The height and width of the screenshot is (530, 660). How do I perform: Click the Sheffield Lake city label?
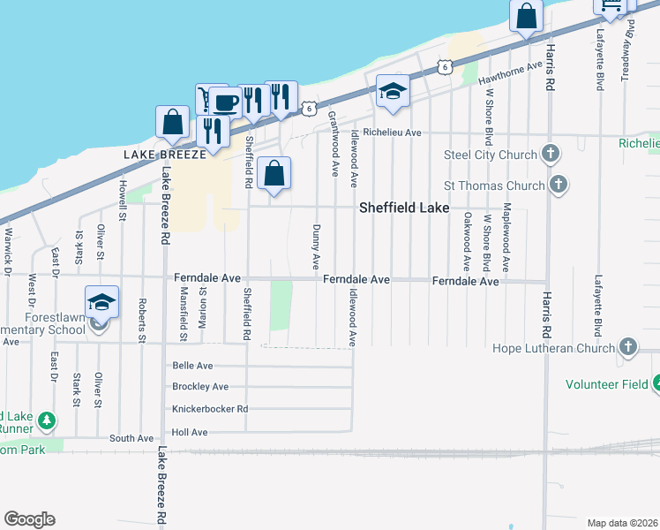click(x=405, y=208)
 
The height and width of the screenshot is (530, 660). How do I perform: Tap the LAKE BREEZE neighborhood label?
click(x=165, y=153)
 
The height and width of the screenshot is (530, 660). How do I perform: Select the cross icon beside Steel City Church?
click(x=551, y=155)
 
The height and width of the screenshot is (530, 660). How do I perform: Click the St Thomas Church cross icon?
click(x=558, y=185)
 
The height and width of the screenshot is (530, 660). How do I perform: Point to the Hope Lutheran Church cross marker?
click(x=628, y=347)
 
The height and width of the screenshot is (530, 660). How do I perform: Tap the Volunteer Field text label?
click(x=608, y=384)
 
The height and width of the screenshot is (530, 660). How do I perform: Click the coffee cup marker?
click(x=224, y=103)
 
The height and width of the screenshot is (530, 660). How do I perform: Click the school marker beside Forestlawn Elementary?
click(x=101, y=302)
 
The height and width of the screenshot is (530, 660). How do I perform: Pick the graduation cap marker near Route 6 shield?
click(x=393, y=90)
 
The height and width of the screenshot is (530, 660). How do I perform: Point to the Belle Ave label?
click(x=194, y=365)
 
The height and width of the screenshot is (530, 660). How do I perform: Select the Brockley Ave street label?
click(x=200, y=386)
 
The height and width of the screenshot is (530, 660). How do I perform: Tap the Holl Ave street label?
click(x=190, y=432)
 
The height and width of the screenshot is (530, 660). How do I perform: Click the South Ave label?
click(x=131, y=438)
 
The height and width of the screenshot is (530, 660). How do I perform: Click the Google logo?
click(x=29, y=519)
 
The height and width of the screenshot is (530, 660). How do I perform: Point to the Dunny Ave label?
click(x=316, y=246)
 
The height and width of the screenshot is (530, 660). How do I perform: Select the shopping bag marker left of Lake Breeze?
click(x=173, y=122)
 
